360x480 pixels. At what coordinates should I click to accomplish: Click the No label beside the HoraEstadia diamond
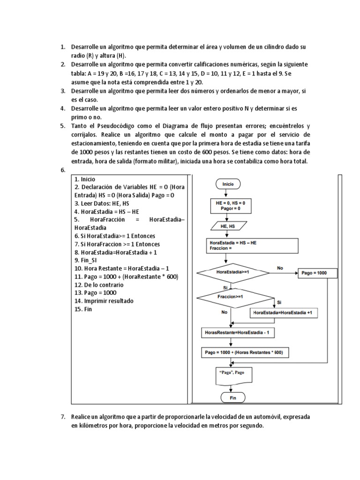[280, 268]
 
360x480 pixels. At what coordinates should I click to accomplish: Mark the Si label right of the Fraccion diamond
[279, 302]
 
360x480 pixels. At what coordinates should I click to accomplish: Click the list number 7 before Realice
[62, 416]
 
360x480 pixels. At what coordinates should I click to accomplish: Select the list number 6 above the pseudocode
[62, 170]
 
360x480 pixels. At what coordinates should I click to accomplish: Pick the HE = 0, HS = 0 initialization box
[230, 205]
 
